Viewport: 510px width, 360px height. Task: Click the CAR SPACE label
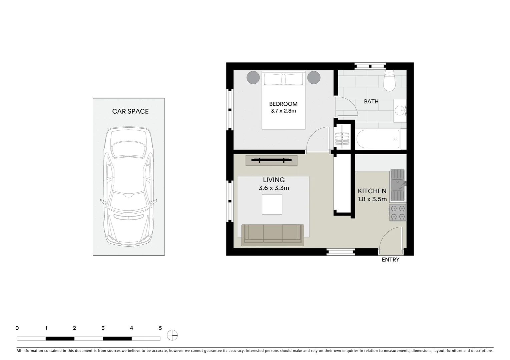[130, 111]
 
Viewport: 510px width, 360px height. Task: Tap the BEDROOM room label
[283, 104]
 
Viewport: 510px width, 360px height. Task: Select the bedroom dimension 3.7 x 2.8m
[283, 111]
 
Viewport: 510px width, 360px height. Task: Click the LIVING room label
[274, 180]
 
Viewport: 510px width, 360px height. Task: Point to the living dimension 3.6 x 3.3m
[274, 188]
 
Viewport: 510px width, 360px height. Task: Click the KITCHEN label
[372, 191]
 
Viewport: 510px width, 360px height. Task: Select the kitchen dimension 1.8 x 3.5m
[372, 199]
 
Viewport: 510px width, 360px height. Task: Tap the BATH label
[371, 101]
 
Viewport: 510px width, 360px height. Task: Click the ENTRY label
[390, 260]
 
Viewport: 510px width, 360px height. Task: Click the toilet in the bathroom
[389, 81]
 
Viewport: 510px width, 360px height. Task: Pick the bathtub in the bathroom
[378, 139]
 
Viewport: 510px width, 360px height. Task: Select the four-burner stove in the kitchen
[398, 213]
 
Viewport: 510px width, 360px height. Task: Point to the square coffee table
[272, 204]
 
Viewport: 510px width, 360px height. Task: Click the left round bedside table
[253, 78]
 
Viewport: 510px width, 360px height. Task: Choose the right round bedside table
[314, 78]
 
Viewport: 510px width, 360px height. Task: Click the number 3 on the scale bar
[103, 328]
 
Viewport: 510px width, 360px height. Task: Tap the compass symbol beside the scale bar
[172, 335]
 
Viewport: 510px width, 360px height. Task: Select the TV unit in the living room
[271, 160]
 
